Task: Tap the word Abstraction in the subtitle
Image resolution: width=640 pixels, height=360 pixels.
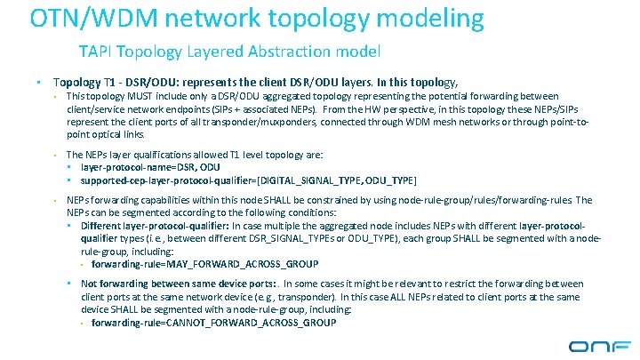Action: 276,51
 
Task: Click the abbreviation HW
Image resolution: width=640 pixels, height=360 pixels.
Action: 351,108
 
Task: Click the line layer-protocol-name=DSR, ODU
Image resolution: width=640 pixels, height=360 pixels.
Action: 149,166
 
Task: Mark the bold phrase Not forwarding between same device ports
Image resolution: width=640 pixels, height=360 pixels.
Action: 178,284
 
